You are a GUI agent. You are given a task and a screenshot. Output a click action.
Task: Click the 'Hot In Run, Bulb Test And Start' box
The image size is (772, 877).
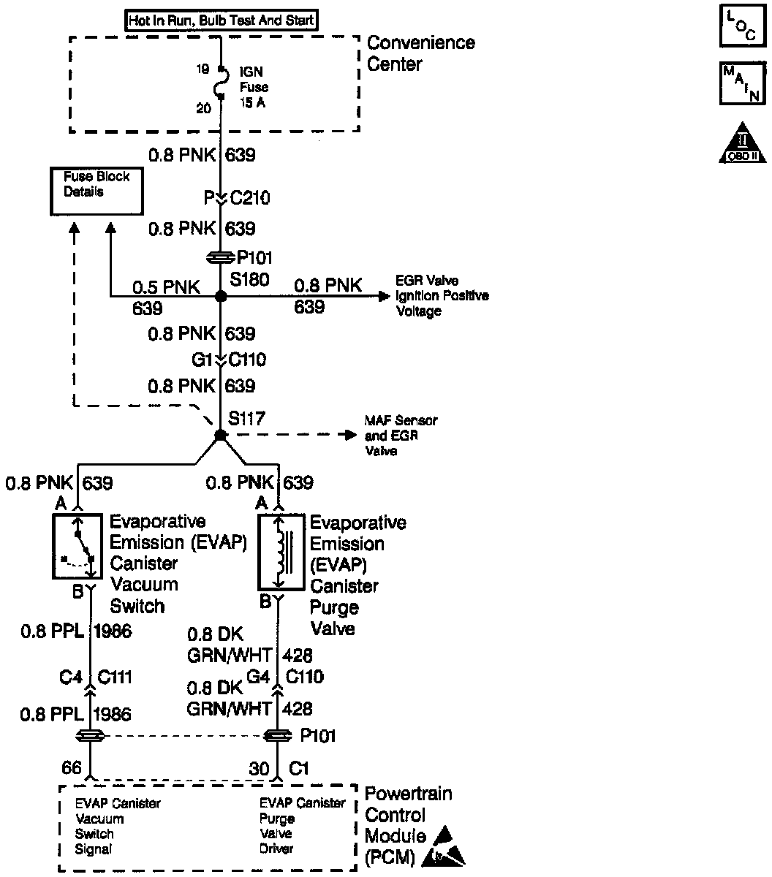pos(221,20)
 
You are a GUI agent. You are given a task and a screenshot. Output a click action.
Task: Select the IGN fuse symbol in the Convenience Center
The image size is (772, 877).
pos(220,88)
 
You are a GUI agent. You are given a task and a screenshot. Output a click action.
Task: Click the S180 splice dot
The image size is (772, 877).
pos(220,297)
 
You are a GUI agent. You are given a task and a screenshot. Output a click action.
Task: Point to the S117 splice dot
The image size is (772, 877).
pos(220,435)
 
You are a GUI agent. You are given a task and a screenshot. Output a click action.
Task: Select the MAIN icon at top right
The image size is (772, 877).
pos(741,83)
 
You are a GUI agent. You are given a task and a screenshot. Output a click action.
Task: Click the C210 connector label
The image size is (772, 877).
pos(249,198)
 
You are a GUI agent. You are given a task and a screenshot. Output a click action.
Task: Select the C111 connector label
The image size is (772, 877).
pos(114,677)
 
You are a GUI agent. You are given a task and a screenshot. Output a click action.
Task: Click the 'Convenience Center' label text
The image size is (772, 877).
pos(420,53)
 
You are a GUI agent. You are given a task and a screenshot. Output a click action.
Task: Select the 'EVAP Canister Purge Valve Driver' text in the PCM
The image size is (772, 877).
pos(302,826)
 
